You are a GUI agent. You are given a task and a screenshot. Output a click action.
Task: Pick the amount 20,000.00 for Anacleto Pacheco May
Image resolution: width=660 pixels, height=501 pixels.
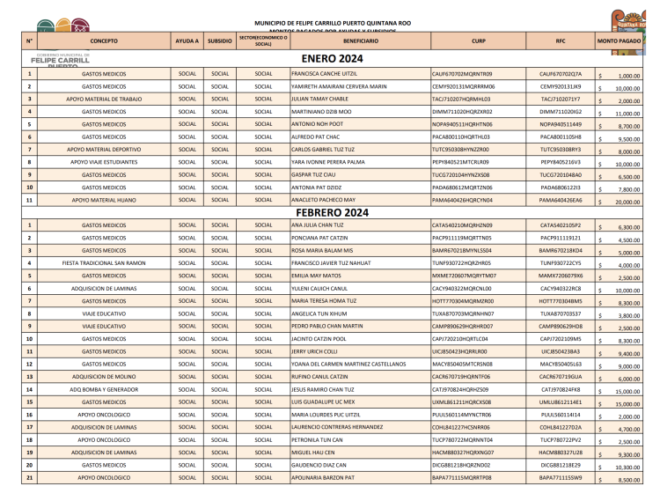(627, 203)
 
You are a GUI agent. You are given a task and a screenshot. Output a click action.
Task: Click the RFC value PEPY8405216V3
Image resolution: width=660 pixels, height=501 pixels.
(561, 163)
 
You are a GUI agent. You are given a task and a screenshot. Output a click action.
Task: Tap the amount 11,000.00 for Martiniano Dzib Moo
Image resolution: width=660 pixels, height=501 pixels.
(627, 114)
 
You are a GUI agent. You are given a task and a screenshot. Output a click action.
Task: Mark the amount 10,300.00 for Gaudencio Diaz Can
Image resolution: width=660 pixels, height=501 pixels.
(627, 468)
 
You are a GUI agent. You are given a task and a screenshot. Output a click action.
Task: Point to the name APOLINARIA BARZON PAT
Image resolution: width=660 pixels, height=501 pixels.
(323, 479)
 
